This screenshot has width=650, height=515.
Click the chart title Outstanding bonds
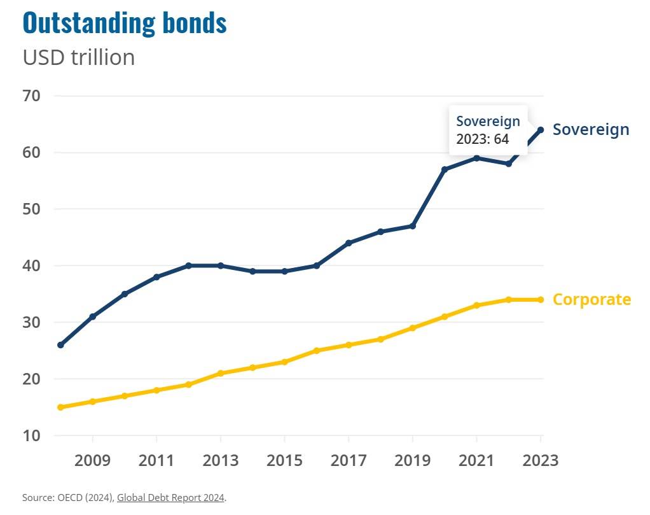125,23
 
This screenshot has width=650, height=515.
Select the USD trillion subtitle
79,57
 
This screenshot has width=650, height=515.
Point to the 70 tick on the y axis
32,96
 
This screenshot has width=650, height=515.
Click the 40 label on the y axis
32,266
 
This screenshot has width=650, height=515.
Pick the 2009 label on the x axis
93,460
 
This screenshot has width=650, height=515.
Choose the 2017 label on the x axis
349,460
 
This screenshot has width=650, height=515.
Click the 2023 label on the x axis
540,460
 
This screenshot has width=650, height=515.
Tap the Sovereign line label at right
591,130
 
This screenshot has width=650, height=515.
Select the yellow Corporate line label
591,300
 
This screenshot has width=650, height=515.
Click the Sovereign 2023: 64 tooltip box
488,130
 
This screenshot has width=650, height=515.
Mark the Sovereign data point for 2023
541,130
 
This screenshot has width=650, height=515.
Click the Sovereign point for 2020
445,169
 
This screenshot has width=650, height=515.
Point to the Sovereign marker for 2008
60,345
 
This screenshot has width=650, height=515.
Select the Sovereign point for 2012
189,265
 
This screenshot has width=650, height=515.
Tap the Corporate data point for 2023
541,300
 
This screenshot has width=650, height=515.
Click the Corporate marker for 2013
221,373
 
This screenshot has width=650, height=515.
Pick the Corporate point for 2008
60,407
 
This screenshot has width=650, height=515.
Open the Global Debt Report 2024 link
170,498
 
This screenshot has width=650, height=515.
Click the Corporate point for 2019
413,328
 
